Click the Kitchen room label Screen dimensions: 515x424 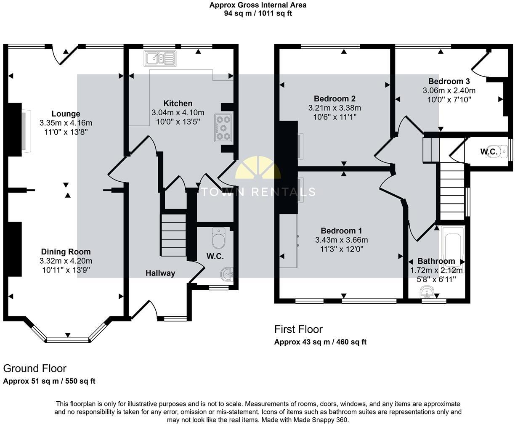(x=178, y=103)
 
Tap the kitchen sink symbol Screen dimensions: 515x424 (x=159, y=58)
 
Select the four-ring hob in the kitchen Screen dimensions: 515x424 (x=223, y=127)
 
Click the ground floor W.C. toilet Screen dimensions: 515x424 (x=219, y=239)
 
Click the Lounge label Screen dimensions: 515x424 (x=66, y=114)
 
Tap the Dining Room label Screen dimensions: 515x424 (x=66, y=252)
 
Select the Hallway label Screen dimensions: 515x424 (x=160, y=273)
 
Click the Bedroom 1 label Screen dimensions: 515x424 (x=341, y=231)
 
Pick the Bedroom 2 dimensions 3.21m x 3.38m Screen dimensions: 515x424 (x=334, y=108)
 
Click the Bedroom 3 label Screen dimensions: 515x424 (x=449, y=81)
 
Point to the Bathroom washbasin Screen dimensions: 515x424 (x=428, y=292)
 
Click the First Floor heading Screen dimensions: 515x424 (x=298, y=329)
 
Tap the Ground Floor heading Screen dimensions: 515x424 (x=35, y=368)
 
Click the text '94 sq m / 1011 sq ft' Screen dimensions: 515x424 (x=257, y=13)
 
